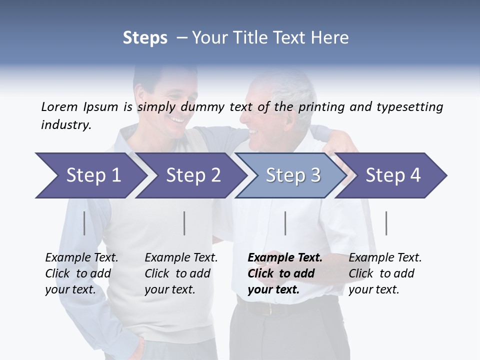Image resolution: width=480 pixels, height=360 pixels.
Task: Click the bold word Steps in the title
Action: pyautogui.click(x=145, y=38)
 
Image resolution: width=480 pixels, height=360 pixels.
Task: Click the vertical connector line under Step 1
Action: pyautogui.click(x=84, y=223)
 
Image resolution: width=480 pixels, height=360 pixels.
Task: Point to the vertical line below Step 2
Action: pyautogui.click(x=184, y=223)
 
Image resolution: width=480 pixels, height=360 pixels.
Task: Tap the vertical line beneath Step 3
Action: pyautogui.click(x=285, y=223)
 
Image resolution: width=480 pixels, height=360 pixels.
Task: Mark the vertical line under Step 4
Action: pyautogui.click(x=386, y=223)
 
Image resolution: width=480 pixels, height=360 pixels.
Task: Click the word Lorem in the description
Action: pyautogui.click(x=59, y=106)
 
